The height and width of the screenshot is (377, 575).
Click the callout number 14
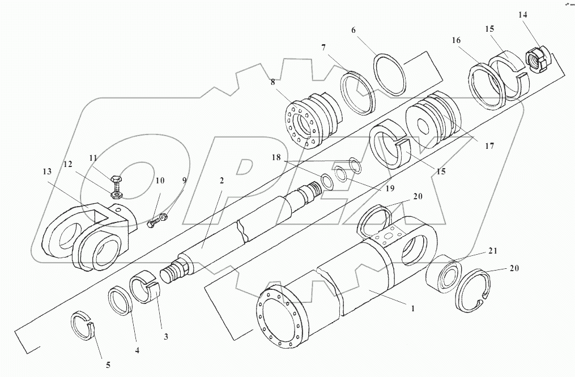[522, 14]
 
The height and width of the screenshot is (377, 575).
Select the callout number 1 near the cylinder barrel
[413, 309]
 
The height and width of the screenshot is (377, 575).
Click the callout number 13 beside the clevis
[48, 171]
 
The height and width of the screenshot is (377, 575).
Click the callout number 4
[137, 350]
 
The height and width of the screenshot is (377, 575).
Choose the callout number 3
[166, 337]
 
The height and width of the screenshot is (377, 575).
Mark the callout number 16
[455, 41]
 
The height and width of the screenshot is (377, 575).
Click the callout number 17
[489, 145]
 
